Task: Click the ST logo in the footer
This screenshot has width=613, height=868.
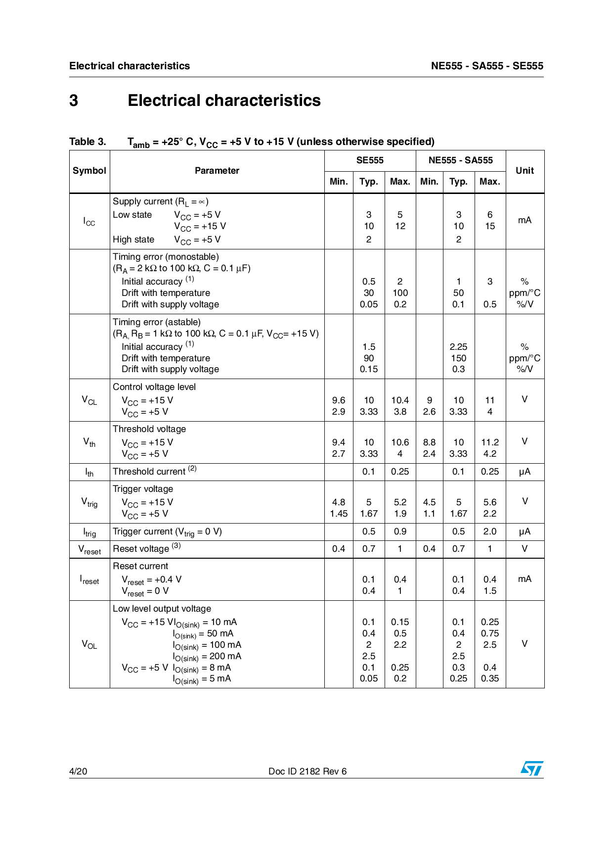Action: tap(531, 769)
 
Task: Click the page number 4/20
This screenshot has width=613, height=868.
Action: tap(78, 771)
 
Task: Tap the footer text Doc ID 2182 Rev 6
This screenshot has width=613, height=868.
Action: tap(307, 771)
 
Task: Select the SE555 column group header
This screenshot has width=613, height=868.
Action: tap(370, 160)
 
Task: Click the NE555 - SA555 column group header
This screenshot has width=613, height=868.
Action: tap(460, 160)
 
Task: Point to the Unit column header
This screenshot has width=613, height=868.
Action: tap(525, 171)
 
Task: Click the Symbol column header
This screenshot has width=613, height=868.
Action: tap(89, 171)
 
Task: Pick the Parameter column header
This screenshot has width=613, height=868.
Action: tap(217, 171)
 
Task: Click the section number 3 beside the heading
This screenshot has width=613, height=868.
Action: tap(74, 100)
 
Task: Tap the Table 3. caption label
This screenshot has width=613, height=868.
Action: tap(88, 142)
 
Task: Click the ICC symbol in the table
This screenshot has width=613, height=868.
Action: tap(89, 221)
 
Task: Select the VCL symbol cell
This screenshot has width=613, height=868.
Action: tap(89, 400)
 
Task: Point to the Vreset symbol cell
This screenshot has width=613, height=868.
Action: tap(89, 549)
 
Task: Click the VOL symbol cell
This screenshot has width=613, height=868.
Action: tap(89, 644)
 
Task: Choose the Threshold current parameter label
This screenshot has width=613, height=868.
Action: tap(149, 472)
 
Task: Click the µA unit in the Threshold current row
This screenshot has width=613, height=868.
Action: tap(525, 472)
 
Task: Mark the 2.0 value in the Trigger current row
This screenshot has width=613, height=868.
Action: tap(489, 531)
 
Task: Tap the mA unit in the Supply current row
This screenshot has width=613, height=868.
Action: tap(525, 220)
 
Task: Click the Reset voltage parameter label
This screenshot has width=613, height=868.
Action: tap(141, 549)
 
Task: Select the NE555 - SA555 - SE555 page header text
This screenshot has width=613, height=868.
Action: tap(487, 66)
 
